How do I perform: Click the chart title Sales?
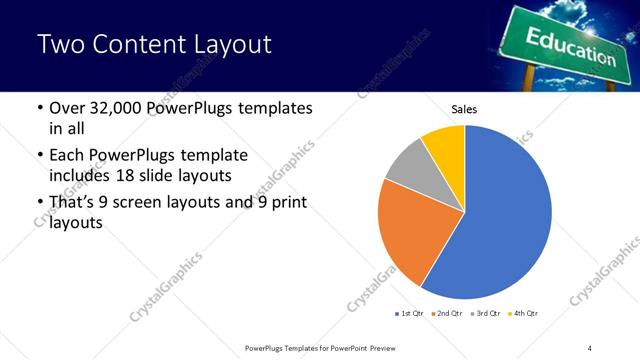click(465, 109)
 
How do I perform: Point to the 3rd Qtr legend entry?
click(485, 314)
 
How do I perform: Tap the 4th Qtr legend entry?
click(524, 314)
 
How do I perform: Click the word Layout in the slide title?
click(225, 46)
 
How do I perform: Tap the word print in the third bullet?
click(285, 203)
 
